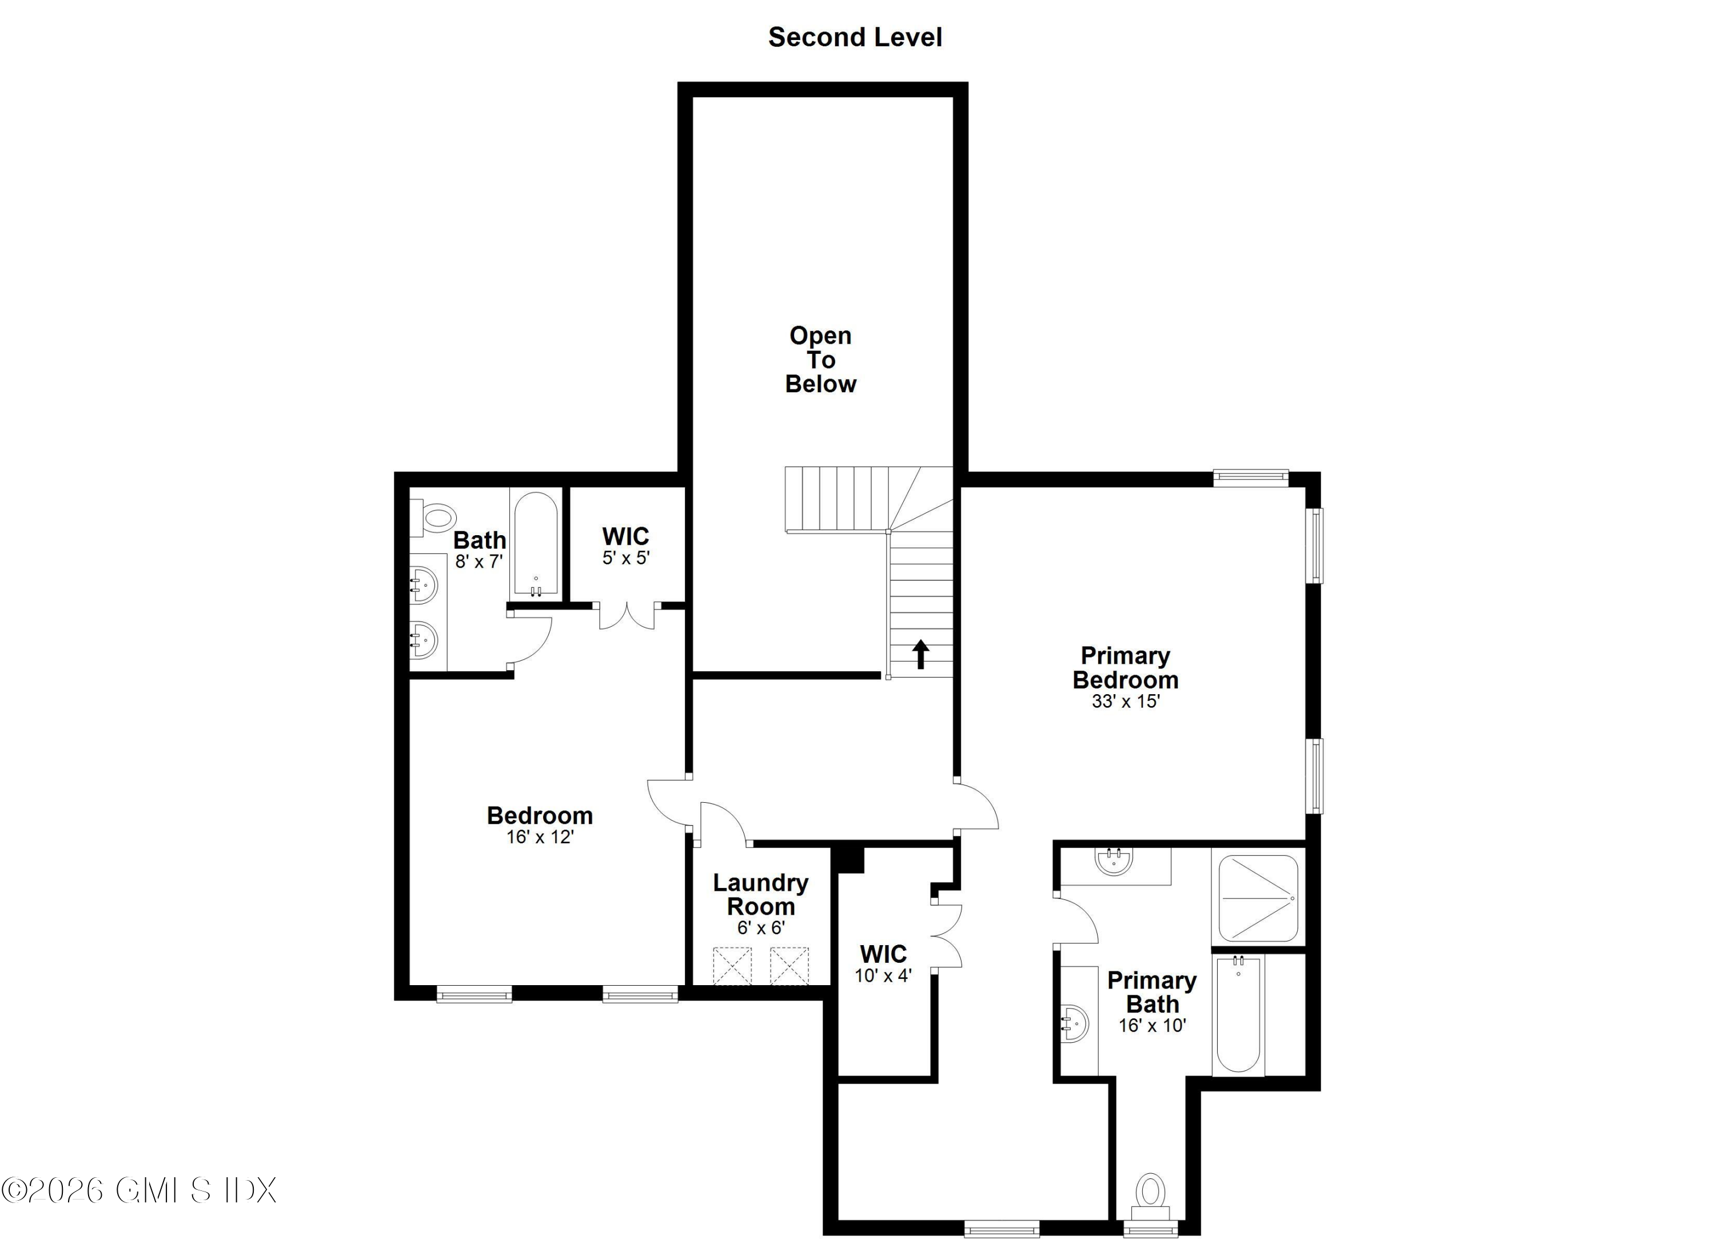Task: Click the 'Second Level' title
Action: [855, 37]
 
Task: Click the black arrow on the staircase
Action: [920, 654]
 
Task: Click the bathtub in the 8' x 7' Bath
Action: [536, 543]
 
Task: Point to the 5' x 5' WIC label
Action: [625, 546]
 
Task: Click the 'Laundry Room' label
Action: [761, 895]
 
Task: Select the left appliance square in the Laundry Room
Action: [732, 966]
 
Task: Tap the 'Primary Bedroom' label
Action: [1125, 668]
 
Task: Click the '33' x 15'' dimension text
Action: [1125, 701]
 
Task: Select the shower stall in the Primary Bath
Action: [1258, 898]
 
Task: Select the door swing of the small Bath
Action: [532, 639]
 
